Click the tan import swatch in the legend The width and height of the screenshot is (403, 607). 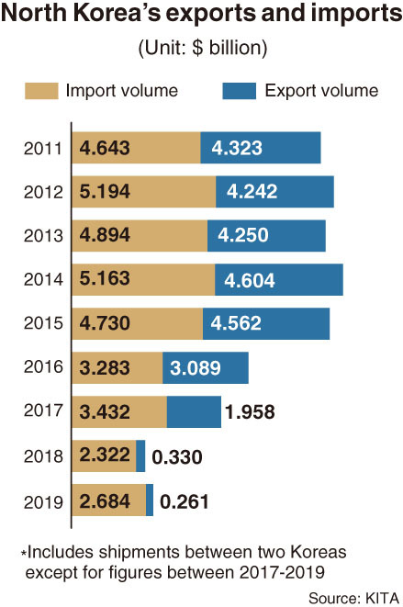(41, 91)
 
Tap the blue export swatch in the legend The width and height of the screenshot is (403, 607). (240, 91)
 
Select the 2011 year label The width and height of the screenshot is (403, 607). (43, 148)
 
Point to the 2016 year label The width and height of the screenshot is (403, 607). (43, 366)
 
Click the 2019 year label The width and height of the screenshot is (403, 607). (43, 502)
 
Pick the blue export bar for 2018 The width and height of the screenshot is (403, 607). (140, 456)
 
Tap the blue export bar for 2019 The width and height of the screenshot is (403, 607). (150, 500)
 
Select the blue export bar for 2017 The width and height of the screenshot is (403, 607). (194, 412)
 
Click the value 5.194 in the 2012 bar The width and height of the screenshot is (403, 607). (105, 191)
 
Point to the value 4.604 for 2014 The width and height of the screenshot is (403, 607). (250, 280)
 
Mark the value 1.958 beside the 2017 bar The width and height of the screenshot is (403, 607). (250, 412)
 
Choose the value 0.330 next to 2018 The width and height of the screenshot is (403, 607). (177, 456)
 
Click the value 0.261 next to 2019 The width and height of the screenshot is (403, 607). (185, 501)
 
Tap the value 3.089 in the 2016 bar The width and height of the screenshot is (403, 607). (196, 367)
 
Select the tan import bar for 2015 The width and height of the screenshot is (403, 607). (138, 323)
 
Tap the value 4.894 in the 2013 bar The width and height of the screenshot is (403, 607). (105, 234)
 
